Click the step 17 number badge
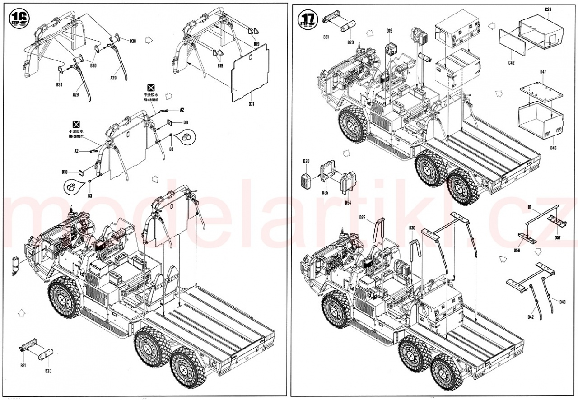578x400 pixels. tap(308, 18)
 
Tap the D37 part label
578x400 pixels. tap(252, 104)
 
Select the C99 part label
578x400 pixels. tap(548, 10)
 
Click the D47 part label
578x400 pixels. tap(543, 72)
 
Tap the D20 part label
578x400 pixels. tap(306, 161)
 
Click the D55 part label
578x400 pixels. tap(325, 192)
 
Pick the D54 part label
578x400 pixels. tap(348, 203)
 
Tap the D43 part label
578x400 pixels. tap(562, 302)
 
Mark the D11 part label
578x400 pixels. tap(186, 122)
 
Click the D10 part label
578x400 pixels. tap(65, 172)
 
